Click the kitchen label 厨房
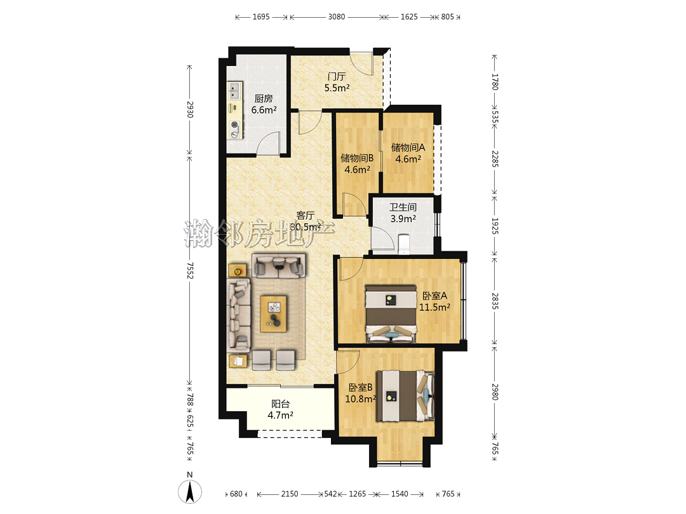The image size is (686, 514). click(x=264, y=99)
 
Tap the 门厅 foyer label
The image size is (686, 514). click(x=337, y=77)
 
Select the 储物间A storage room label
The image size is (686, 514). click(x=408, y=148)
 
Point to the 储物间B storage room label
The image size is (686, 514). click(x=357, y=158)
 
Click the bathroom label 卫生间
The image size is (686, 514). click(x=403, y=207)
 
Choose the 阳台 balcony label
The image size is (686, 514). click(x=281, y=404)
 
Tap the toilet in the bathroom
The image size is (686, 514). click(x=404, y=244)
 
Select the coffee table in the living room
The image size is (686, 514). click(x=273, y=314)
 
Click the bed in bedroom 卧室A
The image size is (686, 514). click(x=391, y=314)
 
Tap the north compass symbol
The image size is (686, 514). click(x=190, y=489)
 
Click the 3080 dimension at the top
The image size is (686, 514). click(x=337, y=17)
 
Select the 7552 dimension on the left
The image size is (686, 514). click(x=190, y=270)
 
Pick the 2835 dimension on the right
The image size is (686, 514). click(x=494, y=301)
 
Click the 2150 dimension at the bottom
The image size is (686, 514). click(x=290, y=494)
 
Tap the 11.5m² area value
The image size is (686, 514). click(x=434, y=307)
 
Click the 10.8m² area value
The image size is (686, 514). click(x=361, y=399)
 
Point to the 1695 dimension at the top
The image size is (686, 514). click(x=261, y=17)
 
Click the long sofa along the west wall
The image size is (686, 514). click(x=238, y=315)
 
